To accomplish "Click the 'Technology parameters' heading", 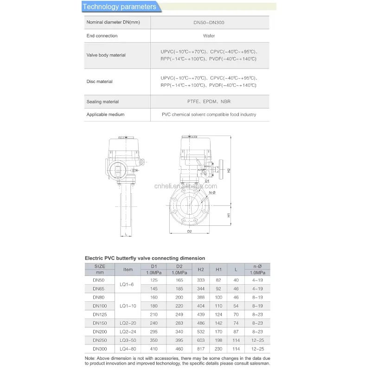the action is tap(120, 6).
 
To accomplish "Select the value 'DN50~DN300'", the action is tap(209, 23).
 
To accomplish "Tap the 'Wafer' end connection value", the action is tap(209, 36).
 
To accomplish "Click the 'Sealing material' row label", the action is tap(102, 102).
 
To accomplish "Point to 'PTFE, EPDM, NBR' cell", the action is tap(209, 102).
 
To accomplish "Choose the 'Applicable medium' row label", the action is tap(106, 115).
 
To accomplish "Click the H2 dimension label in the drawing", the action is tap(229, 170).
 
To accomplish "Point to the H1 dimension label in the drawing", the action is tap(229, 215).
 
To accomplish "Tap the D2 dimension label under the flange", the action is tap(190, 231).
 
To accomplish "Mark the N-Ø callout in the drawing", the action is tap(212, 192).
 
